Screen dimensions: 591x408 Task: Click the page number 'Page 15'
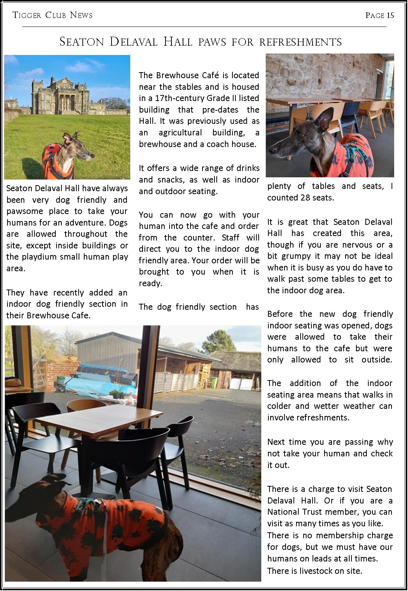click(380, 15)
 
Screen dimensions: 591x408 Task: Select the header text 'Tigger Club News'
click(52, 15)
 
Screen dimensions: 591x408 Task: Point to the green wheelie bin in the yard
click(213, 382)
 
